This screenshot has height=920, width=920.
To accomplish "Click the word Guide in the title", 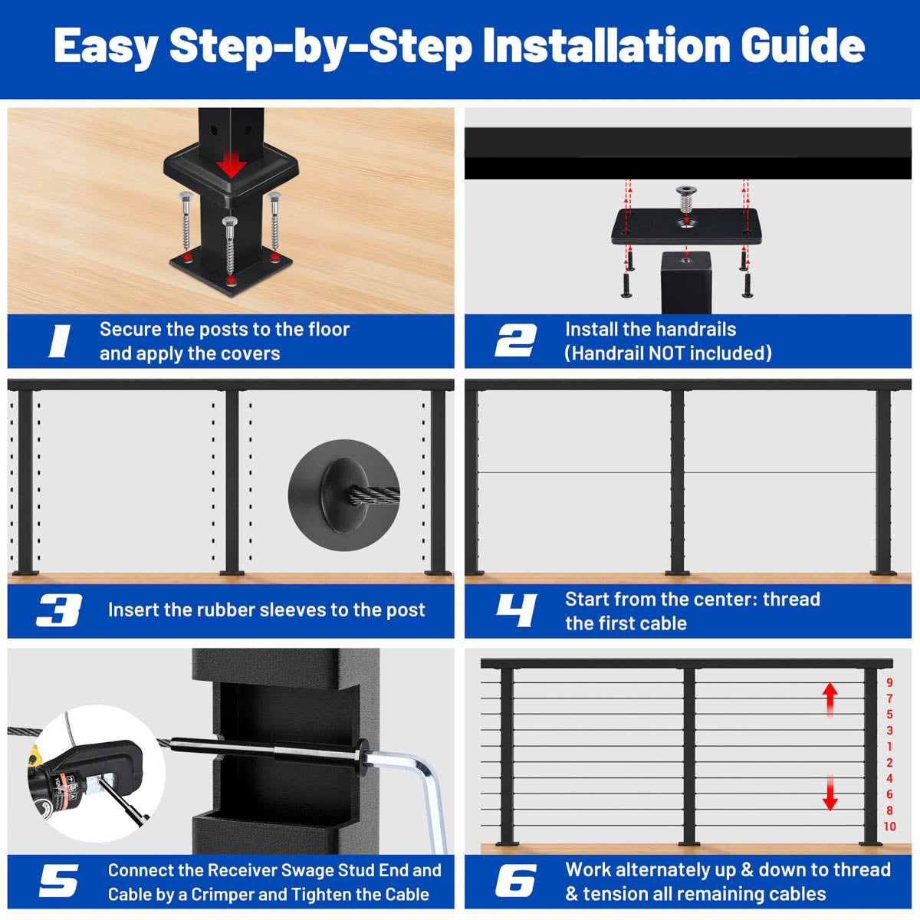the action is click(803, 45).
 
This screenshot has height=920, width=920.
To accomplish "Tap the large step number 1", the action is click(60, 341).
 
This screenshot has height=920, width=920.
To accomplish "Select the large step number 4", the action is click(516, 610).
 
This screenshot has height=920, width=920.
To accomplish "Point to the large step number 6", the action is click(516, 880).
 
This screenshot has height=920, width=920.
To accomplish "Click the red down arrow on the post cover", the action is click(231, 164).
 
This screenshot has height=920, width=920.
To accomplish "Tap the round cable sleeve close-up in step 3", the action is click(343, 495).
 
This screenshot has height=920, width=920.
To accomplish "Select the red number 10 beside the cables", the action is click(889, 826).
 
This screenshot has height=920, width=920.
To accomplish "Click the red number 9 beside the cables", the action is click(889, 683).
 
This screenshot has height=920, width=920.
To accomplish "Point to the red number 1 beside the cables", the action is click(889, 746).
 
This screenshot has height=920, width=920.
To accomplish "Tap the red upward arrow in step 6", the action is click(830, 701).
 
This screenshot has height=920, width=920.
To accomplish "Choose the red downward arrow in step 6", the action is click(830, 793).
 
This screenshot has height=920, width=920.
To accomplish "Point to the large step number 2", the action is click(516, 341).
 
